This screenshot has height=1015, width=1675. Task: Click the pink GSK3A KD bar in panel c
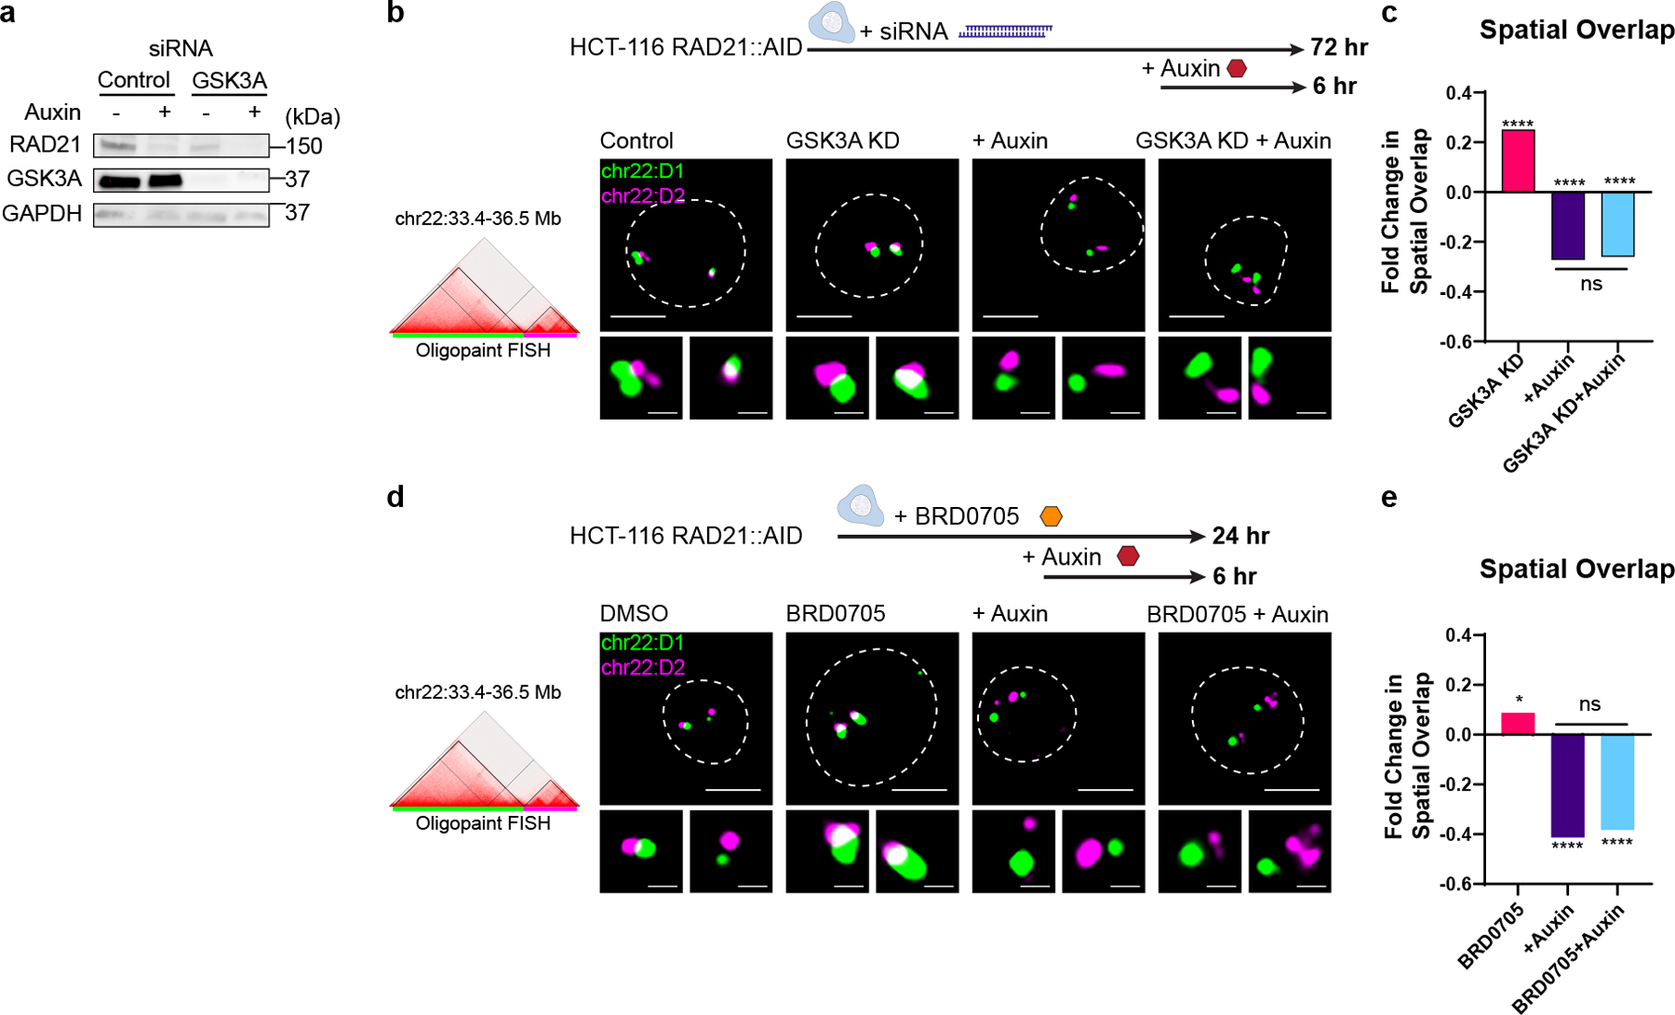(x=1518, y=161)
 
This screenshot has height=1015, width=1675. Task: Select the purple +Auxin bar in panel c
(x=1568, y=225)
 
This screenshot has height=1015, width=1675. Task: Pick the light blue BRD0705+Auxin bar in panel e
(x=1617, y=781)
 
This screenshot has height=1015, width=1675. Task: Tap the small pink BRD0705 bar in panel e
(x=1518, y=724)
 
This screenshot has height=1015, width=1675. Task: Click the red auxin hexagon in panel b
(x=1237, y=69)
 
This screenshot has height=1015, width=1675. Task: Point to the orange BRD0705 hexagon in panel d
(x=1051, y=516)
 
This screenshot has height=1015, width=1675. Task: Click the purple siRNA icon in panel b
(x=1005, y=32)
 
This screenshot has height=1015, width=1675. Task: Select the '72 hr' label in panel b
(x=1339, y=47)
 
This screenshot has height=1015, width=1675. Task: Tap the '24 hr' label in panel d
(x=1240, y=536)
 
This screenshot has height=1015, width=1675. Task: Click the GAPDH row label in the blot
(x=42, y=214)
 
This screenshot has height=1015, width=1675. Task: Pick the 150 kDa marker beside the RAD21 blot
(x=304, y=146)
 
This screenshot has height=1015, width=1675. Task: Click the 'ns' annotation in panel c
(x=1591, y=284)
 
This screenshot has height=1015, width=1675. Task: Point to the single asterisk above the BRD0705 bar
(x=1519, y=701)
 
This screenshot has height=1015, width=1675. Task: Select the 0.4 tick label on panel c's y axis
(x=1459, y=93)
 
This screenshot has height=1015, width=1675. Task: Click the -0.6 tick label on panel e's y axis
(x=1456, y=884)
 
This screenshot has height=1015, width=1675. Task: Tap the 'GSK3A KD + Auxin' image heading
(x=1233, y=140)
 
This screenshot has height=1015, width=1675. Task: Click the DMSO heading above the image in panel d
(x=634, y=614)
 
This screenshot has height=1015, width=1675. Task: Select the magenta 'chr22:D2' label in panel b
(x=643, y=195)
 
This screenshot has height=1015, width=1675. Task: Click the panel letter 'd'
(x=395, y=497)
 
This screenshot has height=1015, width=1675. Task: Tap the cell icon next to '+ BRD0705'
(x=860, y=505)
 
